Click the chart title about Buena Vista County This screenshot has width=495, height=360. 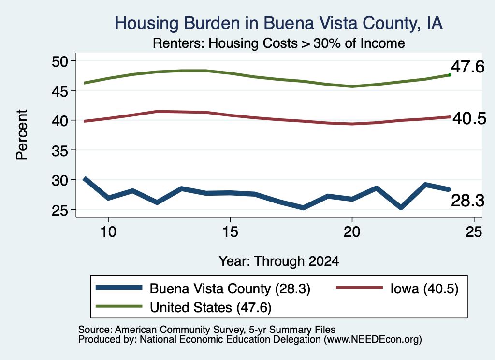[x=278, y=23]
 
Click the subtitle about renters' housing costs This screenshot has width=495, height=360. [x=279, y=43]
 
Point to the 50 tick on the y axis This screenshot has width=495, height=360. [x=60, y=61]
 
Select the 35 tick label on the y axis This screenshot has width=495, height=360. [x=60, y=150]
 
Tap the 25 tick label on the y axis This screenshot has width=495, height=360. [x=60, y=210]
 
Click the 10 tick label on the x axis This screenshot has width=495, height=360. [x=108, y=232]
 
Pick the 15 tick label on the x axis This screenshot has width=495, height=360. [x=230, y=232]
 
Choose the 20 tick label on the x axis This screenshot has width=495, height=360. [x=352, y=232]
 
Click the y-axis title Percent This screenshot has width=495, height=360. [x=22, y=135]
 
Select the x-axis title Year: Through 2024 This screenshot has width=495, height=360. [x=279, y=261]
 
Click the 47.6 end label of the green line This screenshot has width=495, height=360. [x=467, y=67]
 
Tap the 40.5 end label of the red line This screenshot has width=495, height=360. [x=469, y=119]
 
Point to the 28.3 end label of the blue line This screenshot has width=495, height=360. [x=467, y=201]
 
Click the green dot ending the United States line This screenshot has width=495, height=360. [x=450, y=75]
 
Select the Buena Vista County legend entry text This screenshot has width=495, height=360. [x=230, y=288]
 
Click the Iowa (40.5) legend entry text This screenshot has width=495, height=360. [x=424, y=288]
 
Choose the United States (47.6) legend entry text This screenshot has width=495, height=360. [x=211, y=307]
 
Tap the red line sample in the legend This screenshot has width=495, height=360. [x=359, y=288]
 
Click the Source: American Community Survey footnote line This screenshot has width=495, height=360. [x=207, y=330]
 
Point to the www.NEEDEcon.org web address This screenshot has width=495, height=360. [x=373, y=340]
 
